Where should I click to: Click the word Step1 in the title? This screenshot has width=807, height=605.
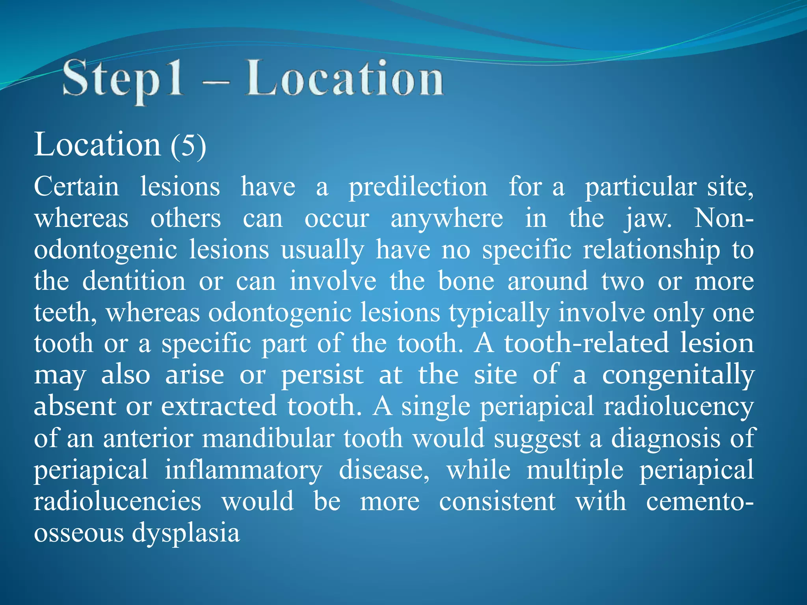click(123, 79)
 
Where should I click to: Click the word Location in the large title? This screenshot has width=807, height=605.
click(344, 79)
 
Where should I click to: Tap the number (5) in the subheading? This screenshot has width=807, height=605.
click(188, 146)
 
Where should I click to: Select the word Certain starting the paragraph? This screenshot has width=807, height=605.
click(76, 186)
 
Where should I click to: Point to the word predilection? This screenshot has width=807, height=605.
click(418, 187)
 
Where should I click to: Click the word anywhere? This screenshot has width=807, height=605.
click(447, 219)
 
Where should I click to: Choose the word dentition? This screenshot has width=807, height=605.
click(134, 281)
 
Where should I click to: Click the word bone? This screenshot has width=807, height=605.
click(466, 281)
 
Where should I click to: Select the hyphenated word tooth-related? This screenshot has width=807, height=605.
click(587, 343)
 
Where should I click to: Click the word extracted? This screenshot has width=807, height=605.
click(219, 406)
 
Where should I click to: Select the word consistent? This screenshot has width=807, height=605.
click(497, 501)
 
